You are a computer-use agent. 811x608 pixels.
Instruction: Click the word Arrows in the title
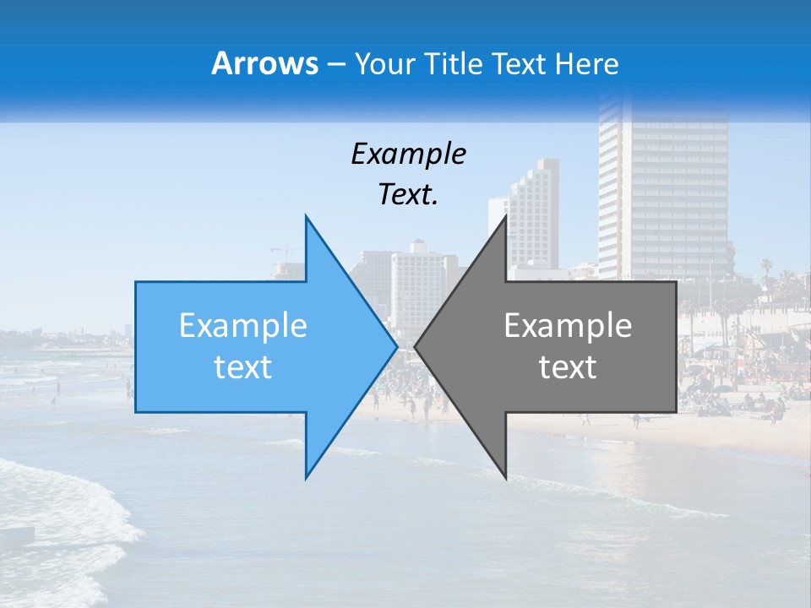tap(264, 63)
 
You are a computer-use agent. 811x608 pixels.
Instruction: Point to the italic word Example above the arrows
tap(408, 154)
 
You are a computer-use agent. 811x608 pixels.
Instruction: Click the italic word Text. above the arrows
tap(408, 194)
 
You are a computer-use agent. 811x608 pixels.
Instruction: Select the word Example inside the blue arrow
tap(243, 326)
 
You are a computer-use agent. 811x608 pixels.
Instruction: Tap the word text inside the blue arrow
tap(243, 367)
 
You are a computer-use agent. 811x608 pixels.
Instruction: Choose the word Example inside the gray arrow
tap(568, 326)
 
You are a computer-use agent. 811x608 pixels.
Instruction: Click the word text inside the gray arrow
tap(568, 367)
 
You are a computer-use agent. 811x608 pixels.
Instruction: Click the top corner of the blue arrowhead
tap(306, 217)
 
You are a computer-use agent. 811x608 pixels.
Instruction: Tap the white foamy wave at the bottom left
tap(68, 507)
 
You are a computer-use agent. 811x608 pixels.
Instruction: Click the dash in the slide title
tap(335, 64)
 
